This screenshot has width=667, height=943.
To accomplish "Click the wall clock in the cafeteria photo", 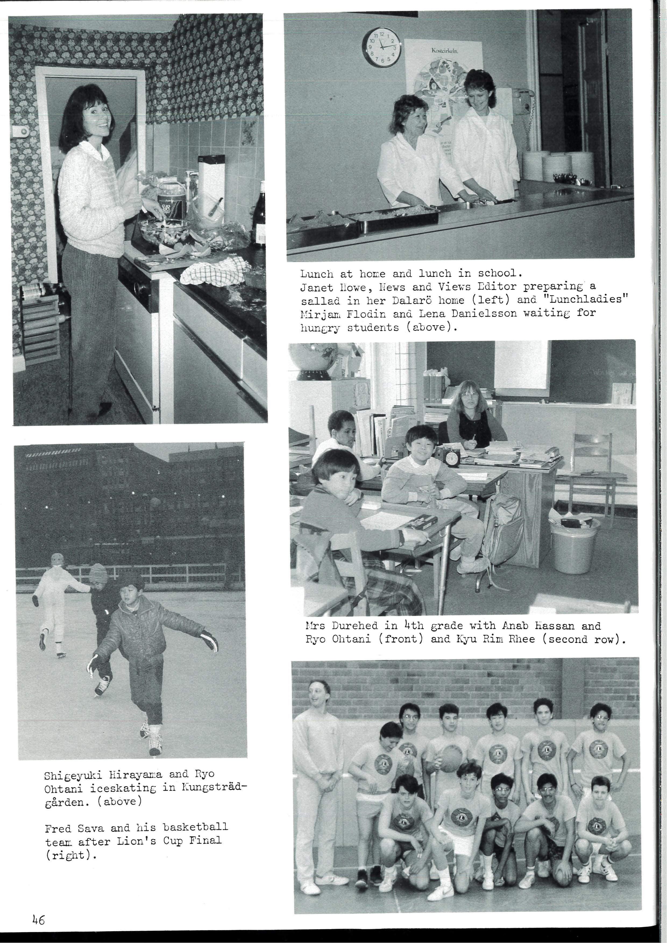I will pyautogui.click(x=381, y=47).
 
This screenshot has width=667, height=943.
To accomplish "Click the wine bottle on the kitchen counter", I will pyautogui.click(x=260, y=220).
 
